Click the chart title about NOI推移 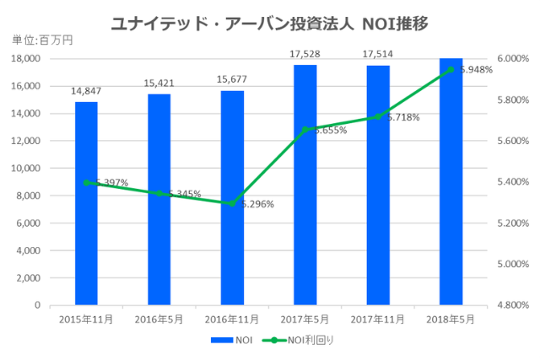point(269,23)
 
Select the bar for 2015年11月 point(86,203)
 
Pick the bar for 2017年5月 point(305,185)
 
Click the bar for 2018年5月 point(451,181)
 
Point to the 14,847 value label point(86,91)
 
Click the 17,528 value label point(305,54)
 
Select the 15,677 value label point(232,80)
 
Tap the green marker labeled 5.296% point(232,203)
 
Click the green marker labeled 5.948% point(451,69)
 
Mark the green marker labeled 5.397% point(86,182)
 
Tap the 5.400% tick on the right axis point(511,182)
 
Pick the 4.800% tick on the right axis point(511,305)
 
